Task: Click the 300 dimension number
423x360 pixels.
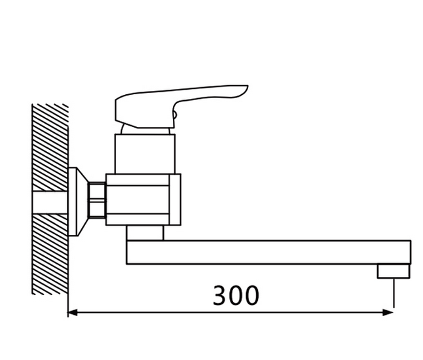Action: point(236,295)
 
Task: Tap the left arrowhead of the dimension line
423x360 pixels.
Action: point(72,313)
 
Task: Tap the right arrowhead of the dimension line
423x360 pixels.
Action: point(388,313)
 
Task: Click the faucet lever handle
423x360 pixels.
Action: point(178,107)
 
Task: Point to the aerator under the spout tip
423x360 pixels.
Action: point(394,271)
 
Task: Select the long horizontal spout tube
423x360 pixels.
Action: point(268,252)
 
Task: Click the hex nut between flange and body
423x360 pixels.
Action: point(97,200)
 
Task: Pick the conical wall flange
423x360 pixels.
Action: point(78,202)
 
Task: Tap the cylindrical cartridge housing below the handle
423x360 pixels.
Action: point(145,154)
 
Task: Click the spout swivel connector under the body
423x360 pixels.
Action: point(145,233)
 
